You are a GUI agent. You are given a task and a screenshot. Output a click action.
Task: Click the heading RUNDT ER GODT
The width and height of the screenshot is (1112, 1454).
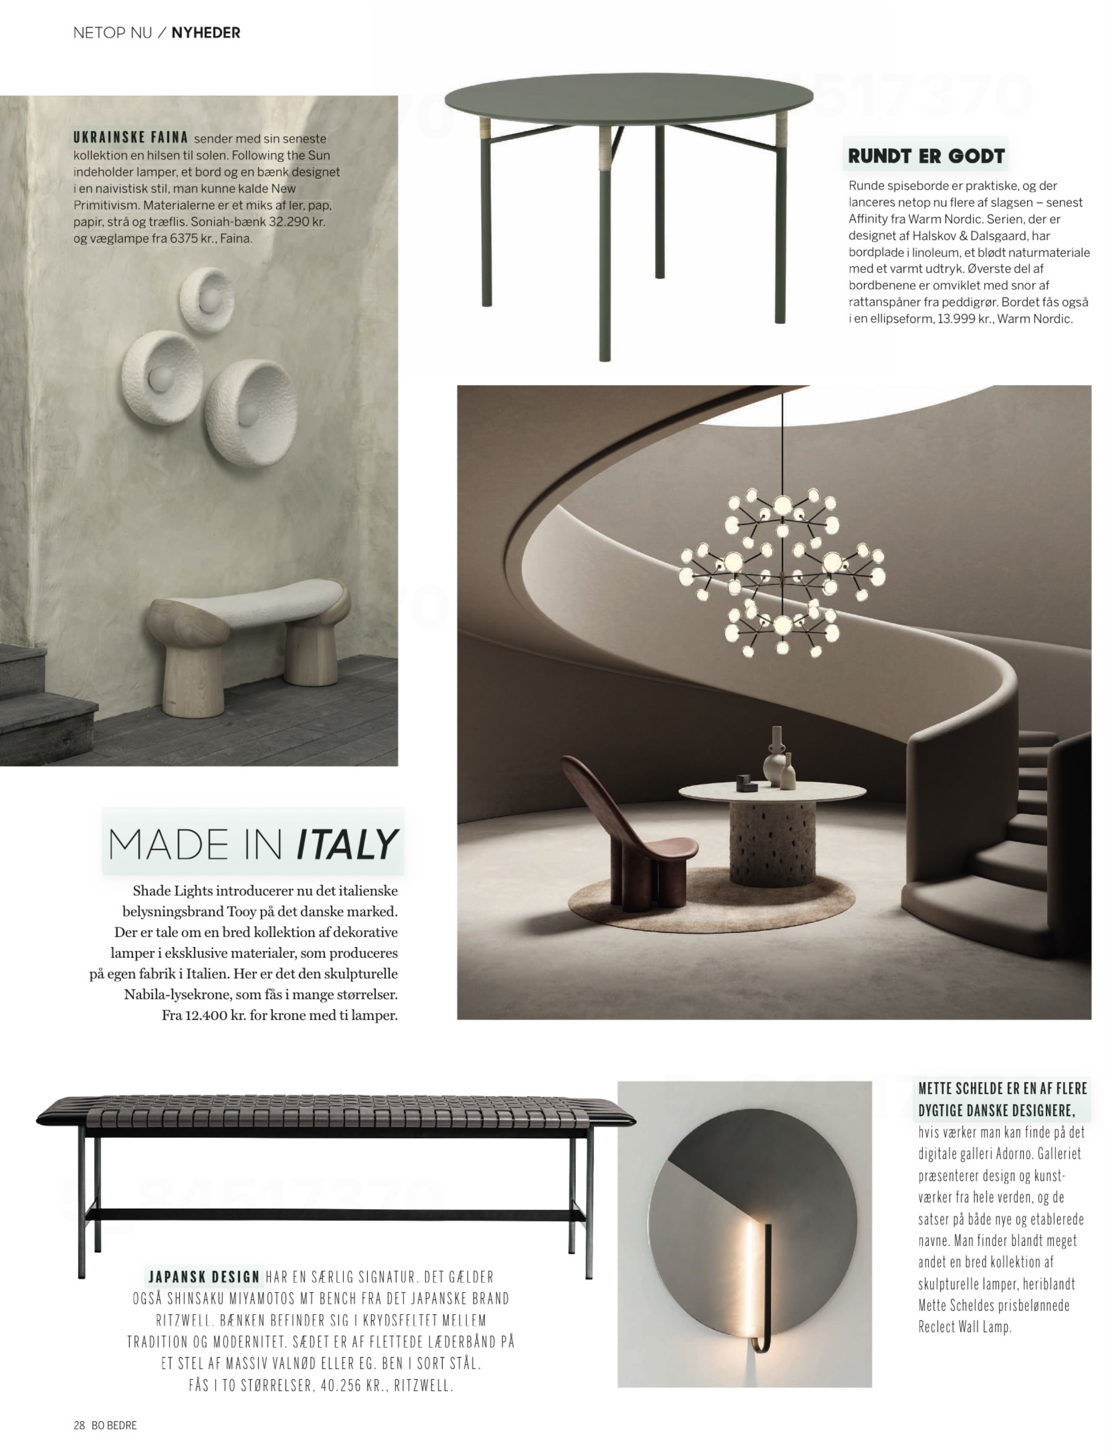[x=926, y=156]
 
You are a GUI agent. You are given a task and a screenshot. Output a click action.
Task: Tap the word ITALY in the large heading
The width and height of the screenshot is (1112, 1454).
[x=346, y=845]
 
